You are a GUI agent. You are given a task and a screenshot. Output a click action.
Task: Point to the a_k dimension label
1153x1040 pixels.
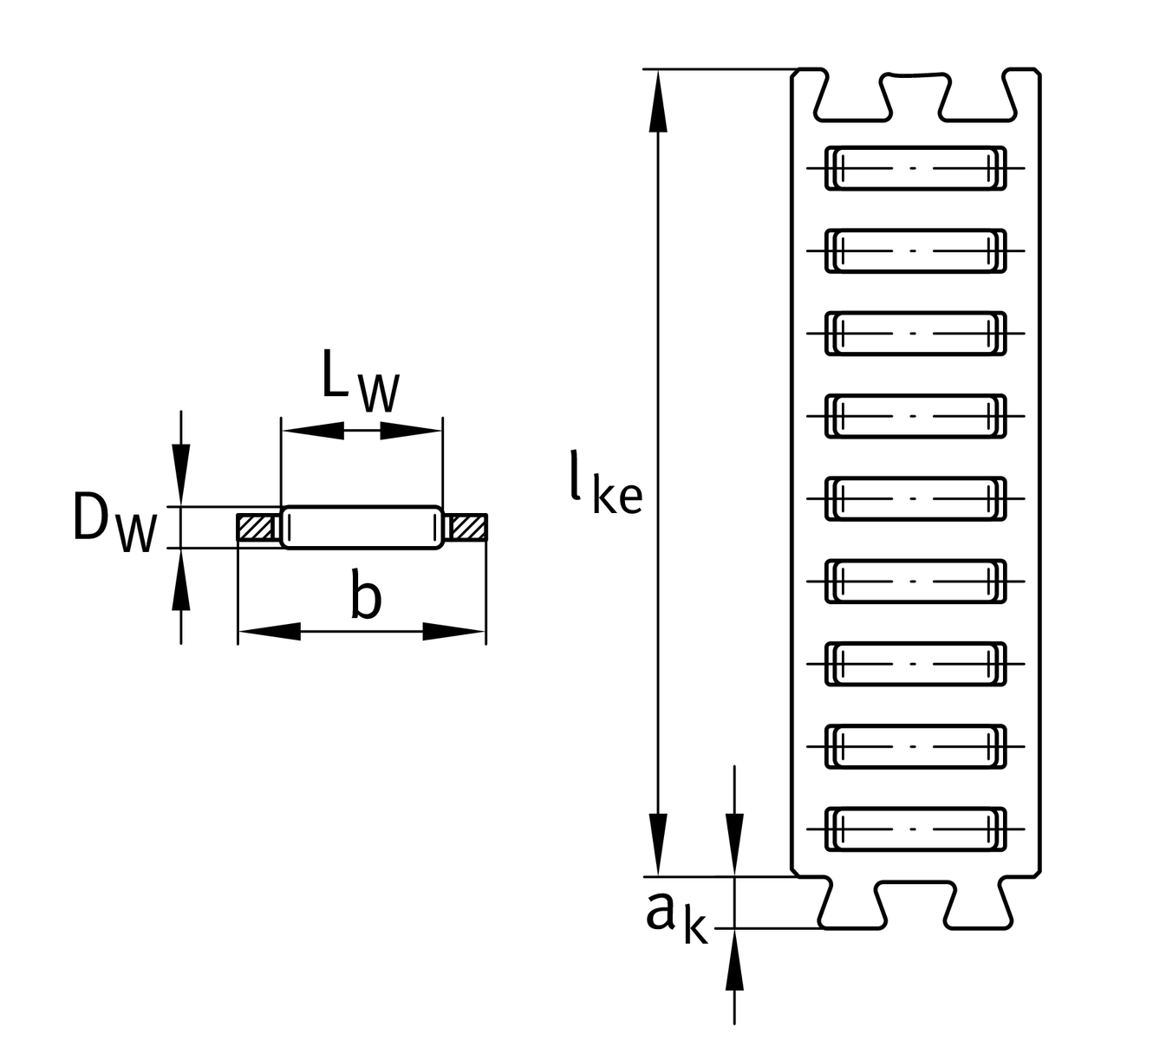point(676,919)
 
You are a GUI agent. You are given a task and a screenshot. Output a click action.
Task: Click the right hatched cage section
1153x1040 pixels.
point(466,527)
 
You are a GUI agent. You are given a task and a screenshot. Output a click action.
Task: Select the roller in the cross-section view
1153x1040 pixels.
point(362,527)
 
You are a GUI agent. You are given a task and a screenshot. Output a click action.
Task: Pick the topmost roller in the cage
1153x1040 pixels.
point(915,168)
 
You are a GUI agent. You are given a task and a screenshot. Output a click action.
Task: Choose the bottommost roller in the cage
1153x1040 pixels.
point(915,829)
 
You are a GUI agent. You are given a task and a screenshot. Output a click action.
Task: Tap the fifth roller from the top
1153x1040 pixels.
point(915,498)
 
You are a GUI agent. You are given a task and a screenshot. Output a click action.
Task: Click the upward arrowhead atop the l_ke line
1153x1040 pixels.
point(659,100)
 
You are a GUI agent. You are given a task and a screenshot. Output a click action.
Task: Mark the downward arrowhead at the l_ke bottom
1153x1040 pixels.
point(659,845)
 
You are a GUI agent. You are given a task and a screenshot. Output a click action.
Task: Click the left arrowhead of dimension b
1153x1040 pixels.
point(269,631)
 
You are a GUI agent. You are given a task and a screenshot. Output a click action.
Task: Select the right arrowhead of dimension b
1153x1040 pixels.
point(453,631)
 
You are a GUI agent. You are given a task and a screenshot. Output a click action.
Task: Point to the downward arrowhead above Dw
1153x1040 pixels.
point(180,473)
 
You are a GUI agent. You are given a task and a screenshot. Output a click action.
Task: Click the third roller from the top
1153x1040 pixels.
point(915,334)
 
